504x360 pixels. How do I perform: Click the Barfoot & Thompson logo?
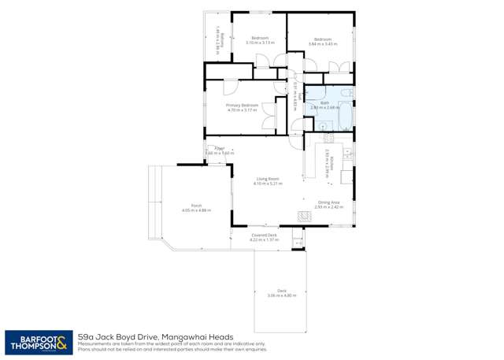pyautogui.click(x=38, y=342)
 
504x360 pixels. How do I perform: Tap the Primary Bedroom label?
pyautogui.click(x=242, y=106)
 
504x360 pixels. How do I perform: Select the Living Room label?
pyautogui.click(x=268, y=179)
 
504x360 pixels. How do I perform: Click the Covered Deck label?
pyautogui.click(x=264, y=235)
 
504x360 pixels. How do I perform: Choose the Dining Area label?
pyautogui.click(x=329, y=202)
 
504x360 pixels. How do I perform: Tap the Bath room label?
pyautogui.click(x=324, y=102)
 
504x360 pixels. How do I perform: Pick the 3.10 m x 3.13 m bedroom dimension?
pyautogui.click(x=260, y=43)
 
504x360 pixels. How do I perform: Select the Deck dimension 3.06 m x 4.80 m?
pyautogui.click(x=280, y=295)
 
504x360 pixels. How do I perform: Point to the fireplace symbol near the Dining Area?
pyautogui.click(x=302, y=215)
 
